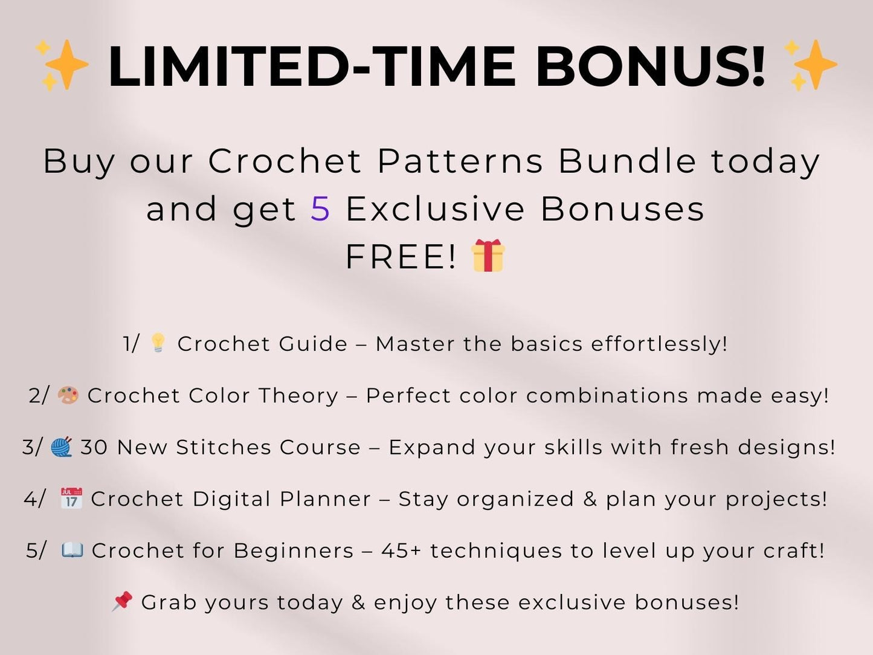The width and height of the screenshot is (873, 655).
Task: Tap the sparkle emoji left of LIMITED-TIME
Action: click(61, 65)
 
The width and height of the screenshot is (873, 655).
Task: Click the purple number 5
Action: click(320, 209)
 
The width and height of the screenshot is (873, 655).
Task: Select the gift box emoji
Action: click(488, 256)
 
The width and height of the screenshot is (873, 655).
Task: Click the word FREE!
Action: click(401, 257)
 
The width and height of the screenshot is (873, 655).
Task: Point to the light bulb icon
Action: click(158, 343)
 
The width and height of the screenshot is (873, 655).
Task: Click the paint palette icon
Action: click(68, 396)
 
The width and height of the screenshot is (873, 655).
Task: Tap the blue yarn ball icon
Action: click(61, 447)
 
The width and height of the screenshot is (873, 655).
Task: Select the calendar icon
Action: click(71, 499)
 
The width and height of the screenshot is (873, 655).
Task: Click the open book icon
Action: click(72, 550)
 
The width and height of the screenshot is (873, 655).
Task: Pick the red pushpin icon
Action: click(122, 601)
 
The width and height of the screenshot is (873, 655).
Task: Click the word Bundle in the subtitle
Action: click(627, 161)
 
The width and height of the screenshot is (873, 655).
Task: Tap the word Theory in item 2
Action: click(298, 396)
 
